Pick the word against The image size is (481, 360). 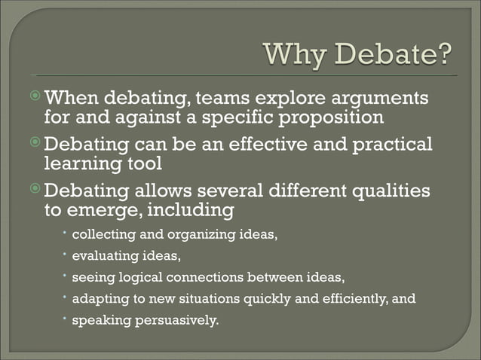click(149, 118)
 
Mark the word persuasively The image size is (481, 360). click(176, 319)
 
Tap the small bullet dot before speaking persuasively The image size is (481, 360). click(65, 318)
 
